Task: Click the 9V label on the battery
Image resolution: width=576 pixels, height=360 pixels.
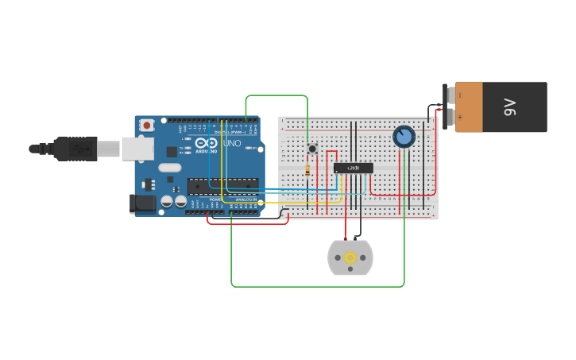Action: coord(510,107)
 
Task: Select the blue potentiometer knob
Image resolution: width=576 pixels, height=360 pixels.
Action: coord(404,137)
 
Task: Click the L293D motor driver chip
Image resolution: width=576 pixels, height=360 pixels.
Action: coord(353,168)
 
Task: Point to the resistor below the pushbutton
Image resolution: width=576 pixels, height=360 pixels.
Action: coord(308,171)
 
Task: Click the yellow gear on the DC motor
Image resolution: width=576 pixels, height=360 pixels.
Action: coord(350,257)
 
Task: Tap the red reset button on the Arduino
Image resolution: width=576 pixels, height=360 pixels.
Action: coord(148,126)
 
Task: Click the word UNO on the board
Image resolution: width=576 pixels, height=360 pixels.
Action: coord(230,144)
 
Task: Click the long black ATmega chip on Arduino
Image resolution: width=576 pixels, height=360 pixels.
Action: coord(222,185)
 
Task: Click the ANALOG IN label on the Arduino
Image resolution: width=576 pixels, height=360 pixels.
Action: coord(245,199)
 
